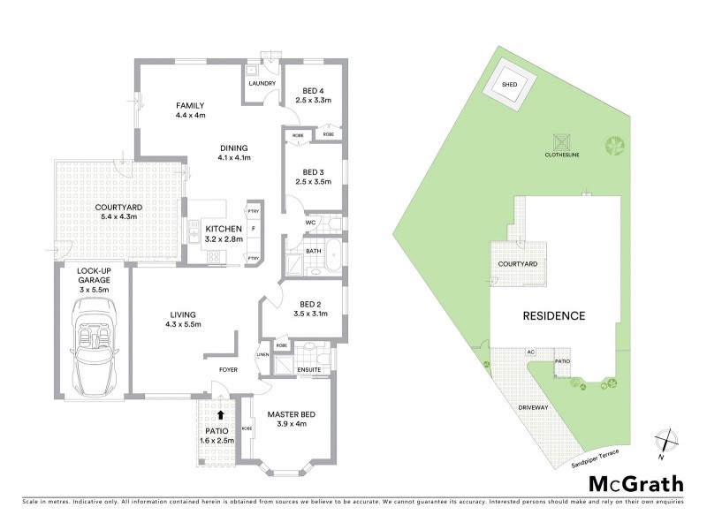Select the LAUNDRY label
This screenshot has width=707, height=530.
(262, 84)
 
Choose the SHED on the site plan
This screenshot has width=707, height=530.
(509, 85)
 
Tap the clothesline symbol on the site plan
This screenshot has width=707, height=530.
(559, 140)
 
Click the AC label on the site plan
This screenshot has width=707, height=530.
(531, 352)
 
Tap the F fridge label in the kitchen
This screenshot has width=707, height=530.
(253, 230)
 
